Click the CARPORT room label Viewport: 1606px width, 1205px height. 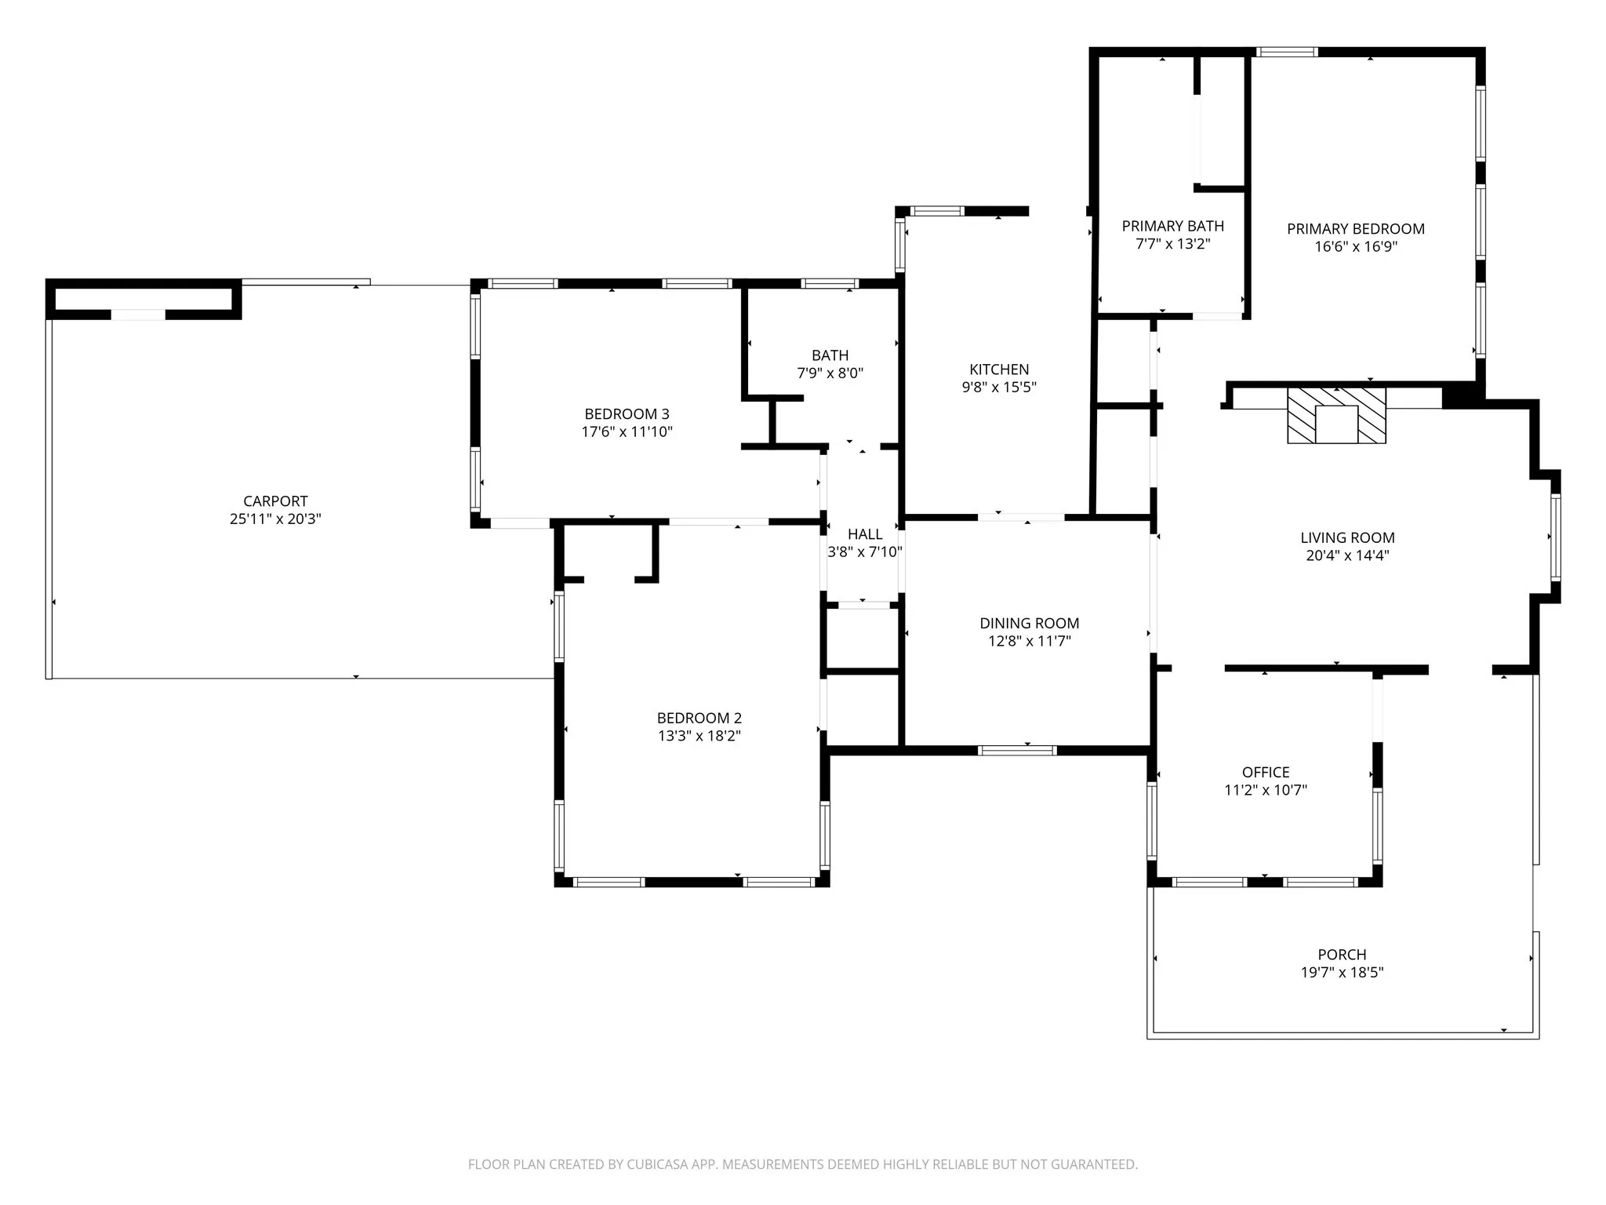point(275,501)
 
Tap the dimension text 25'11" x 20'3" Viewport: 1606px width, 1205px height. point(275,519)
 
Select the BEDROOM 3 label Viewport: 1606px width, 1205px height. point(627,414)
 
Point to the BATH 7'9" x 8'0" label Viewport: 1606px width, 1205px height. point(830,365)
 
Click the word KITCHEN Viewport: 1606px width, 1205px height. point(999,370)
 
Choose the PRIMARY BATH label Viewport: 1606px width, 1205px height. point(1172,227)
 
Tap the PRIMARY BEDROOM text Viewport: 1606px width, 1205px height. point(1355,229)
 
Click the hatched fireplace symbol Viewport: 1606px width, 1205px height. point(1336,415)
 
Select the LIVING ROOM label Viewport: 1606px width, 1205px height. point(1347,538)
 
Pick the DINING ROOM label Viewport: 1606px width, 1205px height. point(1029,624)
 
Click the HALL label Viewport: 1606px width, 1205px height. point(865,534)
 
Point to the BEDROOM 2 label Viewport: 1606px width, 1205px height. point(699,718)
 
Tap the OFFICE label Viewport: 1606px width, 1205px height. point(1265,773)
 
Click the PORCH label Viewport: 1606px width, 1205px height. point(1342,955)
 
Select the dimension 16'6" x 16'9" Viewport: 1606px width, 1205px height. point(1355,247)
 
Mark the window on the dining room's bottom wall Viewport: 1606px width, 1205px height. point(1017,751)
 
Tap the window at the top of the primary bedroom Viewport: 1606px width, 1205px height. point(1286,53)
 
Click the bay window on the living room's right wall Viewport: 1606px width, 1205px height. point(1556,537)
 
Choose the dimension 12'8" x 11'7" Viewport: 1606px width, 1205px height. point(1029,642)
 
